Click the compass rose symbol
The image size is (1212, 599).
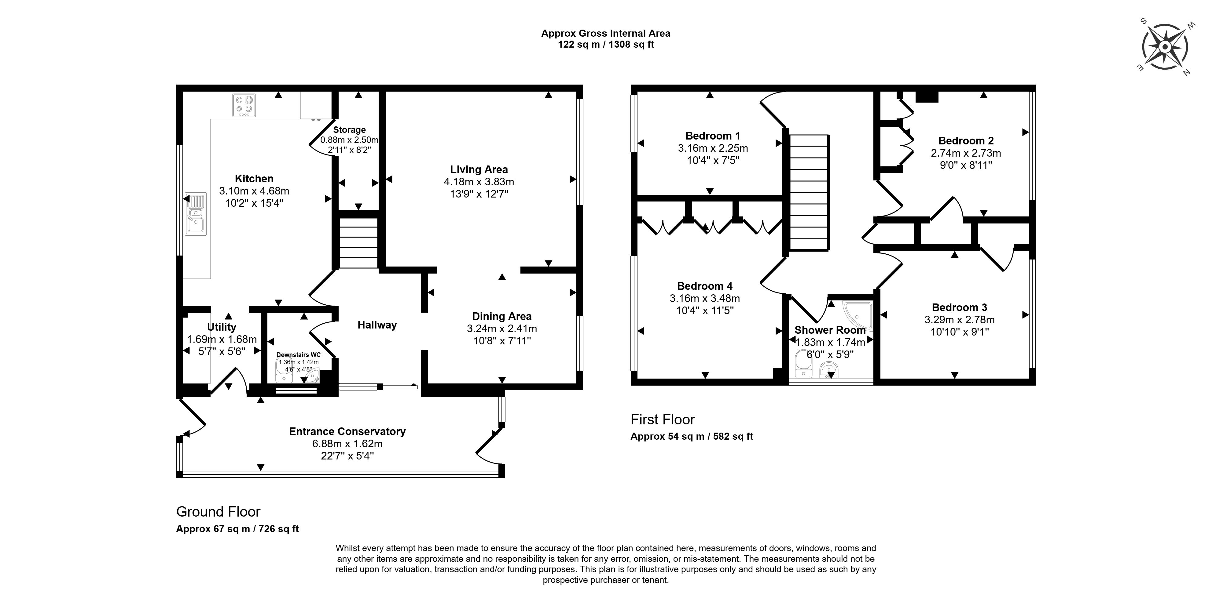[1165, 48]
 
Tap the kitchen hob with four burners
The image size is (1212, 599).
[244, 105]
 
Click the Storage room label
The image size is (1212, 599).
[349, 130]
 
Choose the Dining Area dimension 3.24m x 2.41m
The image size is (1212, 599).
[501, 329]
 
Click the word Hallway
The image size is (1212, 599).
[377, 325]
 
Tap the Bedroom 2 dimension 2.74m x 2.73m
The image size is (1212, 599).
[965, 153]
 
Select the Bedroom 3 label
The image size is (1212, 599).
[959, 307]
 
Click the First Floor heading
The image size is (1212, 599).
[663, 419]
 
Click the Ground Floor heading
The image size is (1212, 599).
[218, 512]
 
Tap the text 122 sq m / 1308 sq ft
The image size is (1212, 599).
[605, 45]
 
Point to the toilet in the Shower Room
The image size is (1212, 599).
[803, 365]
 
